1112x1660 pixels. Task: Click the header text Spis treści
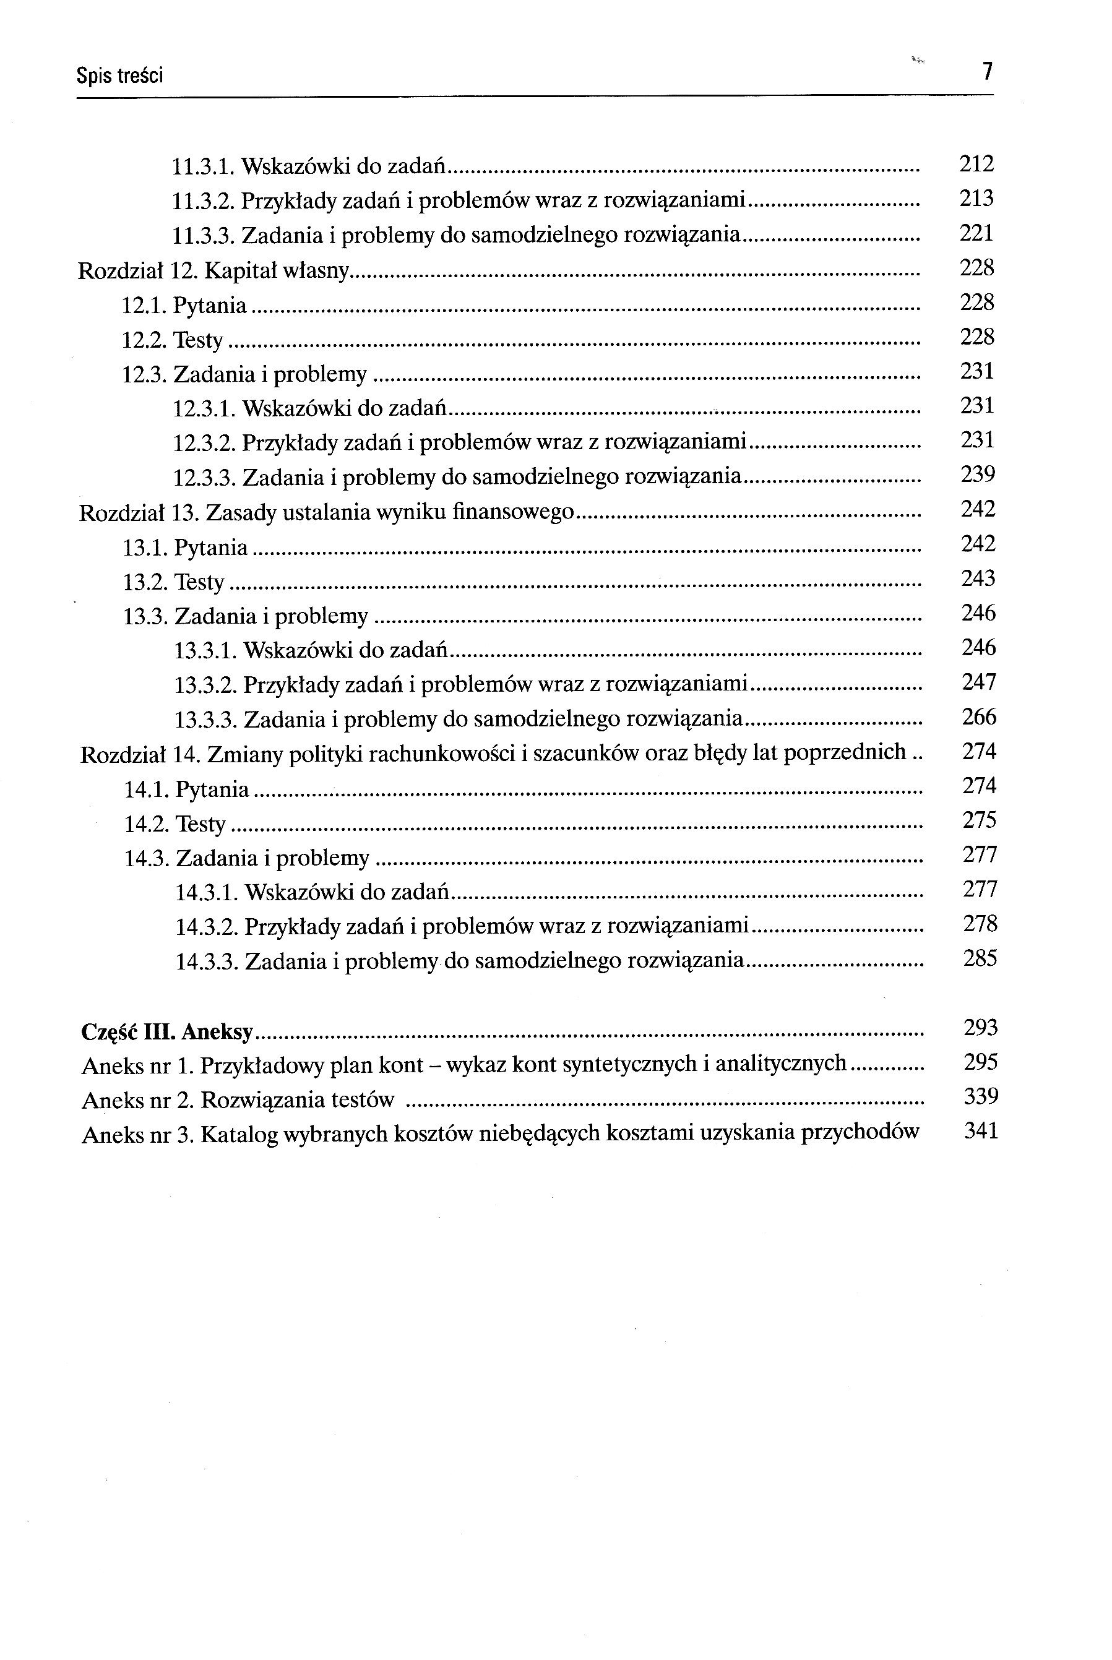[x=119, y=75]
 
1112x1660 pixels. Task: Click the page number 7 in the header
[x=986, y=72]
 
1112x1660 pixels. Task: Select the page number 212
[x=976, y=164]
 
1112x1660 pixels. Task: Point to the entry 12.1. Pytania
[x=184, y=306]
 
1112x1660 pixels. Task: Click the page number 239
[x=978, y=475]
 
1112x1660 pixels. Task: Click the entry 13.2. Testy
[x=174, y=582]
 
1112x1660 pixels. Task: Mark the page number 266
[x=979, y=717]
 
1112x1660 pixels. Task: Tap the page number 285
[x=980, y=959]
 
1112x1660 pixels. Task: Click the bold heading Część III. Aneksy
[x=166, y=1032]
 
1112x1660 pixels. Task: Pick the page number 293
[x=981, y=1028]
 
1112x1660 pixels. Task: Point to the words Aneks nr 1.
[x=137, y=1066]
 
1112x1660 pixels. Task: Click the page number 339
[x=981, y=1097]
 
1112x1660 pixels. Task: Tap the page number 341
[x=981, y=1131]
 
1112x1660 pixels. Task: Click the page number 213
[x=976, y=199]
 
